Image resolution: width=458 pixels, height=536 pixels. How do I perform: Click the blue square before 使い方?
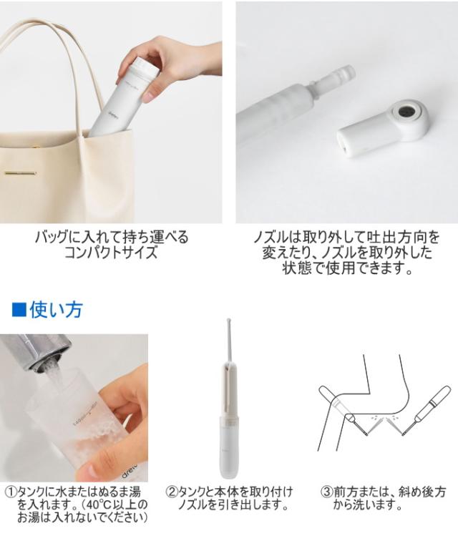pyautogui.click(x=19, y=309)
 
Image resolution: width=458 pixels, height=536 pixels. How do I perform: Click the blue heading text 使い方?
pyautogui.click(x=57, y=309)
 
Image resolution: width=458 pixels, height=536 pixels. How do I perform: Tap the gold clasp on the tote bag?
pyautogui.click(x=21, y=173)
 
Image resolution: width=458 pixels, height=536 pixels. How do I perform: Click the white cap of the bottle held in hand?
pyautogui.click(x=145, y=65)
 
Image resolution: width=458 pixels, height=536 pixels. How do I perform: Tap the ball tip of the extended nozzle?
pyautogui.click(x=228, y=321)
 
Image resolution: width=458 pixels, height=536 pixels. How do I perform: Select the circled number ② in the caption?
pyautogui.click(x=172, y=492)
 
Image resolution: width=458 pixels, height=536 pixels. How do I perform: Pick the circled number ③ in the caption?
pyautogui.click(x=327, y=492)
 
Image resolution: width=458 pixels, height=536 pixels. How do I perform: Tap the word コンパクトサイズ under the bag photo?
pyautogui.click(x=111, y=253)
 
